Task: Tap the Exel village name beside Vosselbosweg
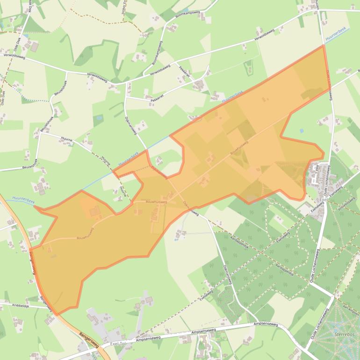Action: pyautogui.click(x=323, y=200)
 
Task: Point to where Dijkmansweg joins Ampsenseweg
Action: pyautogui.click(x=246, y=323)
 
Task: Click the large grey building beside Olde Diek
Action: pyautogui.click(x=34, y=47)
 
